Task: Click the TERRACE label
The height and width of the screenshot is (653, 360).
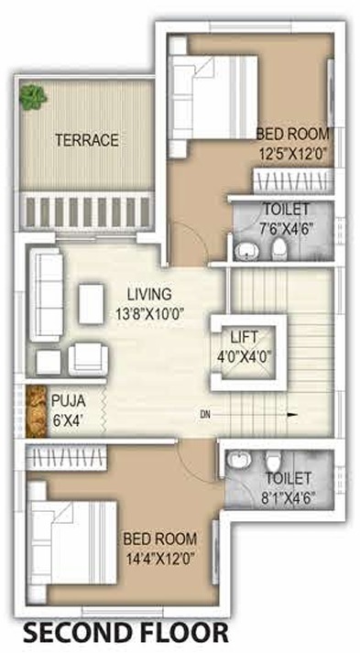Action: click(x=86, y=140)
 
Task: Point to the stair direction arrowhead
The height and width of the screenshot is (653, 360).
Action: click(x=291, y=416)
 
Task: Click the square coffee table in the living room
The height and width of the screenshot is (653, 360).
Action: click(x=92, y=303)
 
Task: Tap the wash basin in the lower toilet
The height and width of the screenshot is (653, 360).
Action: click(x=238, y=462)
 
